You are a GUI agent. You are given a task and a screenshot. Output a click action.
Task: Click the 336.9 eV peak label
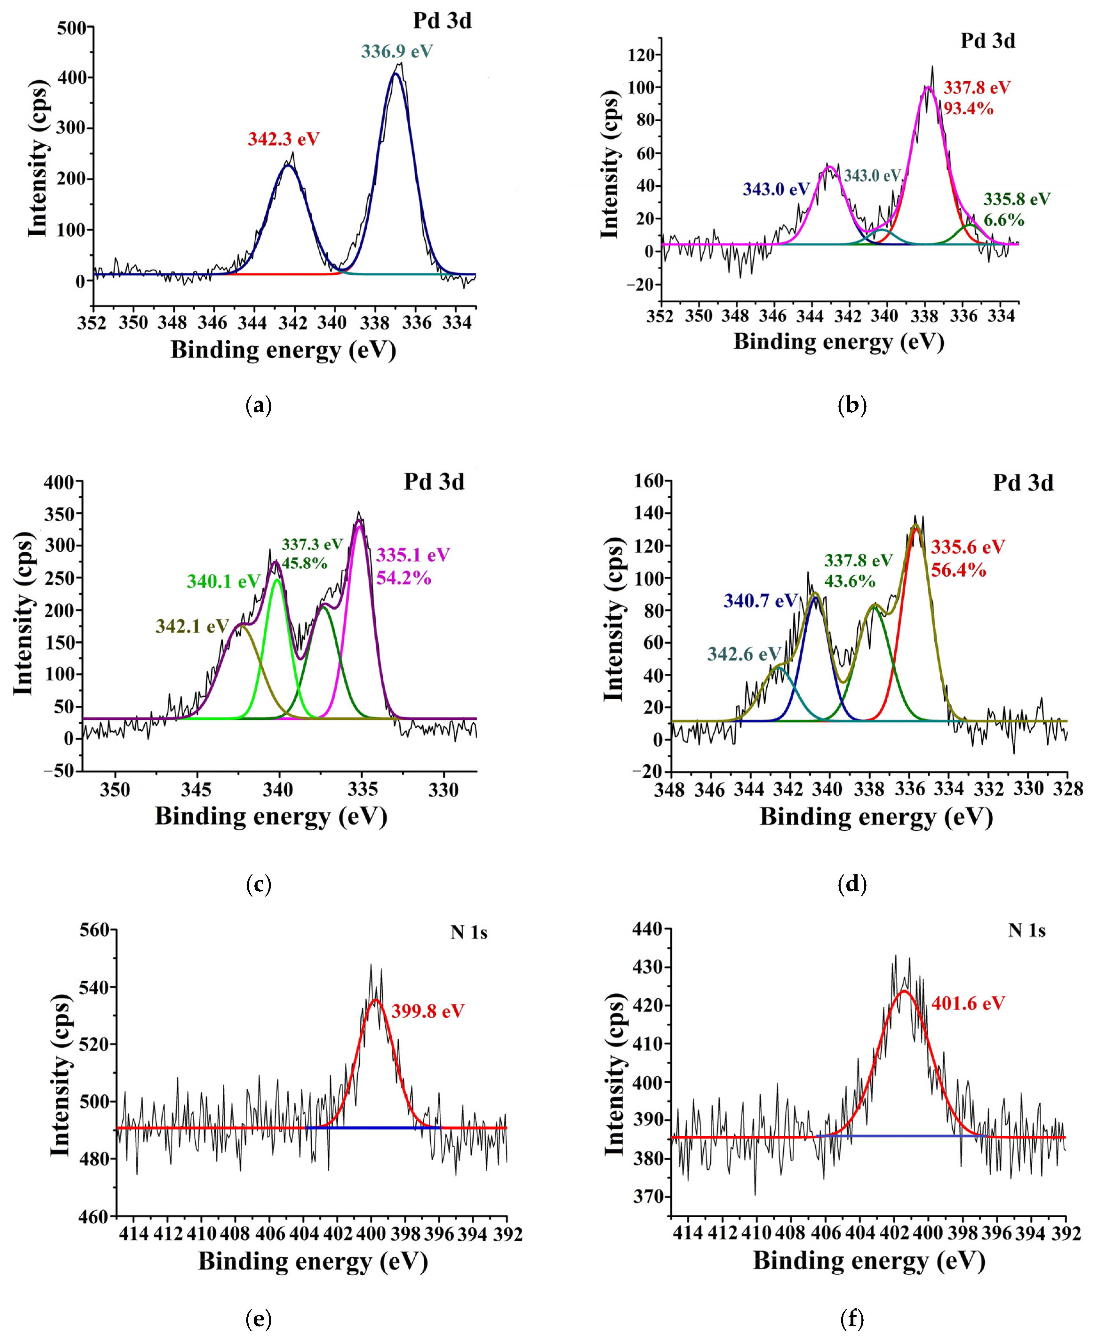click(397, 51)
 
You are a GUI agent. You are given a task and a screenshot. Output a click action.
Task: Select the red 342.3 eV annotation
click(283, 139)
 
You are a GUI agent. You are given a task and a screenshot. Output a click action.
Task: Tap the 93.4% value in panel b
click(968, 109)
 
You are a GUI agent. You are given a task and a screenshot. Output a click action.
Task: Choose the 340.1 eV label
click(223, 581)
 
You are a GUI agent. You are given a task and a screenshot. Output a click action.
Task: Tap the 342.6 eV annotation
click(744, 654)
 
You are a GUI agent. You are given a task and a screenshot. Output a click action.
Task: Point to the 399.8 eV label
click(428, 1011)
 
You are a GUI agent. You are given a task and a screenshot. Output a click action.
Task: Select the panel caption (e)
click(258, 1319)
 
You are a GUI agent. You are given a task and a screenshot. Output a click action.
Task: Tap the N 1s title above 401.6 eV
click(1026, 931)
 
